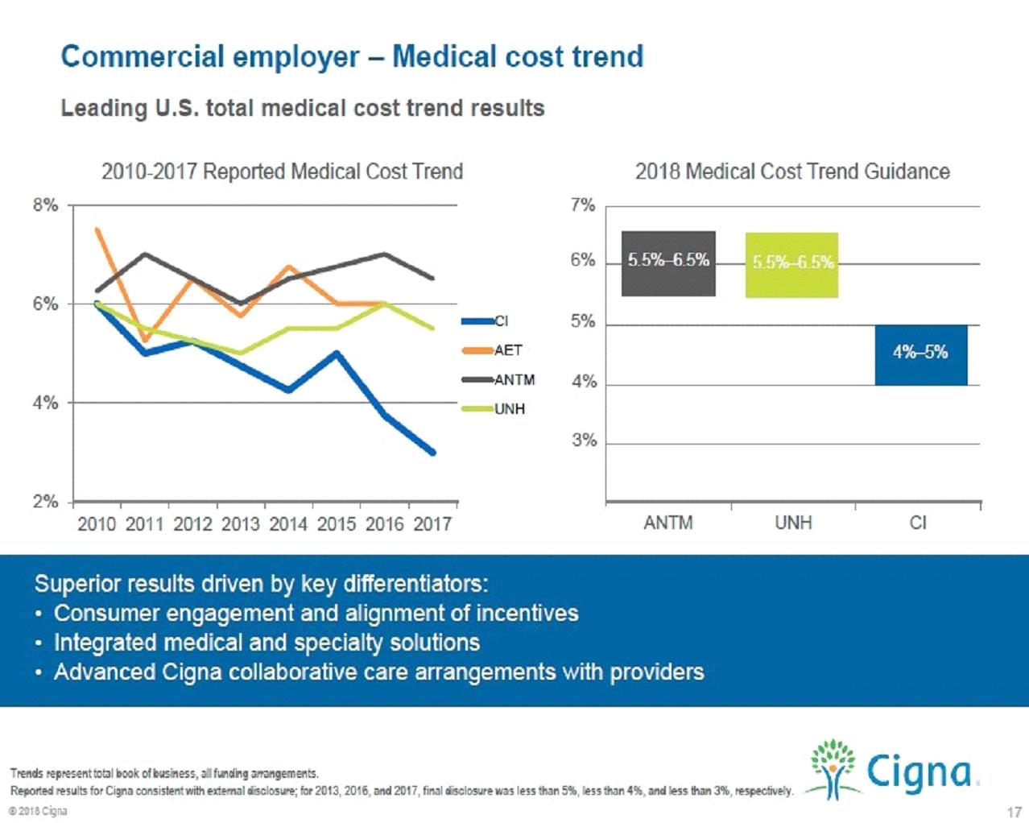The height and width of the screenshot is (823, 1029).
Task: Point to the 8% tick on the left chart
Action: click(45, 205)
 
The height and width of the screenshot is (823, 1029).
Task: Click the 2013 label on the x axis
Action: click(240, 524)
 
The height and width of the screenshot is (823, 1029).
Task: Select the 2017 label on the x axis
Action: click(432, 524)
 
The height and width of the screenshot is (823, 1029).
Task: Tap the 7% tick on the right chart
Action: click(583, 205)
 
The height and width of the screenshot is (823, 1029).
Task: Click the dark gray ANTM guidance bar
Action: click(668, 263)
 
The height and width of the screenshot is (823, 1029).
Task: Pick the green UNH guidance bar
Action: click(792, 265)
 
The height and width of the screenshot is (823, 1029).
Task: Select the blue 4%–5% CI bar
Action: click(920, 354)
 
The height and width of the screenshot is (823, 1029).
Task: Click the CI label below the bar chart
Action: click(918, 523)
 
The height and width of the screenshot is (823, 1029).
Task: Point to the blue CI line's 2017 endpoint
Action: click(432, 453)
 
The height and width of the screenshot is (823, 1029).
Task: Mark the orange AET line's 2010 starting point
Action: click(97, 230)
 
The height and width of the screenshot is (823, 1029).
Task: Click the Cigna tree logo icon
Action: click(833, 768)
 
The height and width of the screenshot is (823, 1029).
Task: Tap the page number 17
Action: click(1013, 812)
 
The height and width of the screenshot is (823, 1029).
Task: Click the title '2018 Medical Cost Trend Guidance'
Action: click(792, 172)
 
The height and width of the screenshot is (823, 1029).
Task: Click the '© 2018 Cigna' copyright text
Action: click(38, 811)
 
